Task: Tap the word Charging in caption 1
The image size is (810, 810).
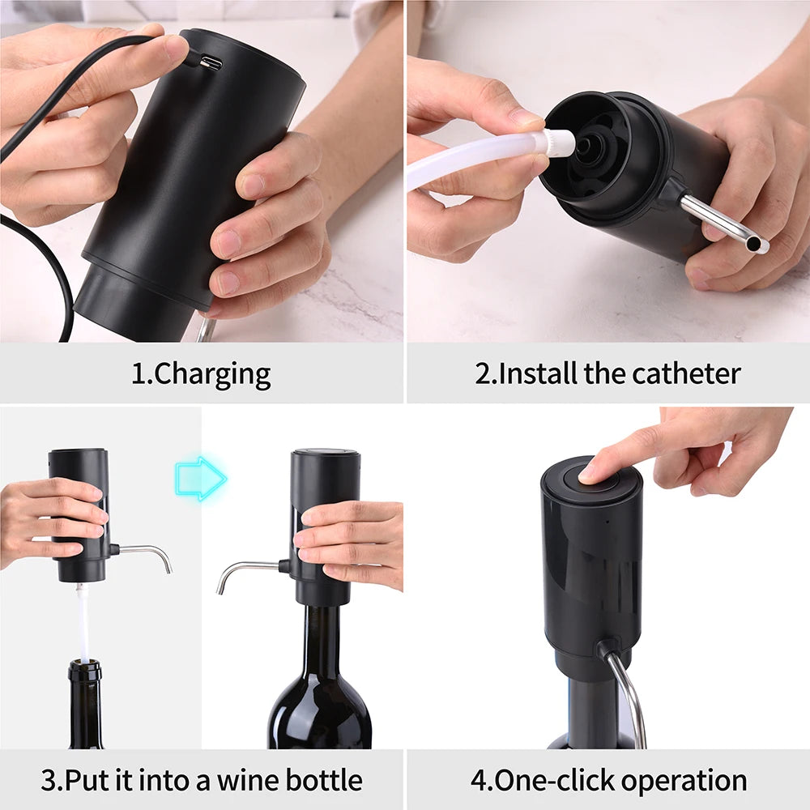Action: point(212,374)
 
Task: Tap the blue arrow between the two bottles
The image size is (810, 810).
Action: point(200,478)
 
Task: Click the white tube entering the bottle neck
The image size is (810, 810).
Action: point(83,624)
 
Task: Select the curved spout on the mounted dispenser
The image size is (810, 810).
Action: point(243,570)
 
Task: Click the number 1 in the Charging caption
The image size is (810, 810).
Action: point(139,374)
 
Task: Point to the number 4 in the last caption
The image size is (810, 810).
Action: point(477,781)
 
